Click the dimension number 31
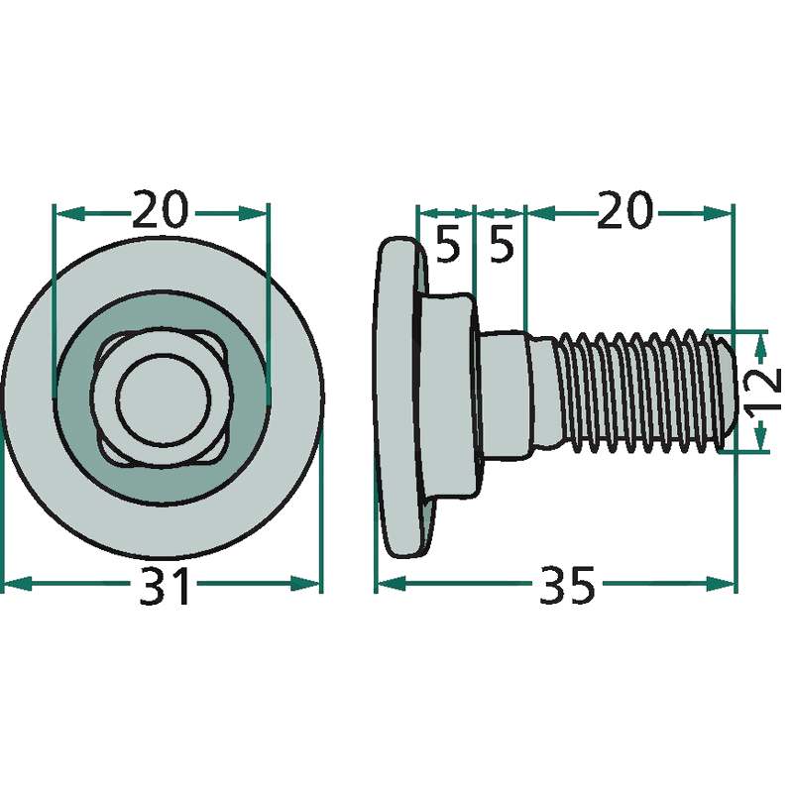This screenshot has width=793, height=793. pyautogui.click(x=164, y=586)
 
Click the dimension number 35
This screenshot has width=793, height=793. pyautogui.click(x=567, y=586)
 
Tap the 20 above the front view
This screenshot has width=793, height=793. pyautogui.click(x=160, y=209)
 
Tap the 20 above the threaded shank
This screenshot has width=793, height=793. pyautogui.click(x=623, y=209)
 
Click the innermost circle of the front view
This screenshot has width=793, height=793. pyautogui.click(x=163, y=399)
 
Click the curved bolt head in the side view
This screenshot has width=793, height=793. pyautogui.click(x=399, y=397)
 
